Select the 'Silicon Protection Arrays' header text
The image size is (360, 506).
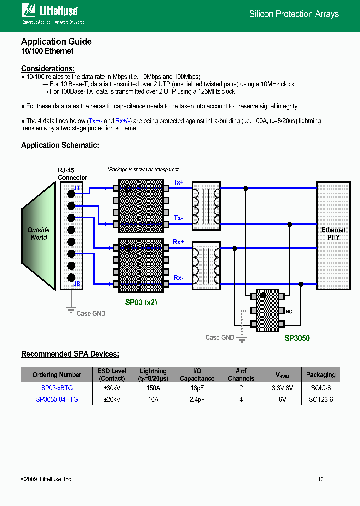click(x=294, y=14)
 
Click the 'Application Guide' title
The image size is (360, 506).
click(x=56, y=42)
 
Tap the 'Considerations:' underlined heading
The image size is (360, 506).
click(x=48, y=69)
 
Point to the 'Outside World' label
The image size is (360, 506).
click(x=38, y=234)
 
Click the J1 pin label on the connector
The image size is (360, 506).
click(x=77, y=188)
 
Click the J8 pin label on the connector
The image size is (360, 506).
click(x=77, y=284)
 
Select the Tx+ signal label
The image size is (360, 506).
click(x=178, y=183)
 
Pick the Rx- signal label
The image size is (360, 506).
click(x=178, y=278)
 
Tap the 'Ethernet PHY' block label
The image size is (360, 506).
click(x=333, y=234)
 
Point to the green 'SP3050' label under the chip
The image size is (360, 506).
click(x=297, y=338)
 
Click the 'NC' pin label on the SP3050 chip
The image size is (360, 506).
click(x=289, y=312)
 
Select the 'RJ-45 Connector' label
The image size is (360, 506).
click(x=72, y=174)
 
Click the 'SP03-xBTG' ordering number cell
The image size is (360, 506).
click(x=57, y=388)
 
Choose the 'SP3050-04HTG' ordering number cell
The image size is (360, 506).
click(x=57, y=399)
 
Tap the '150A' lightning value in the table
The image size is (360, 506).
click(x=153, y=388)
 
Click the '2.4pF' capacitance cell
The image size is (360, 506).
click(x=197, y=399)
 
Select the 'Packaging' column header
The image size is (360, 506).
click(x=320, y=375)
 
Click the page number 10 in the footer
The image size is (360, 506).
click(x=320, y=479)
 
